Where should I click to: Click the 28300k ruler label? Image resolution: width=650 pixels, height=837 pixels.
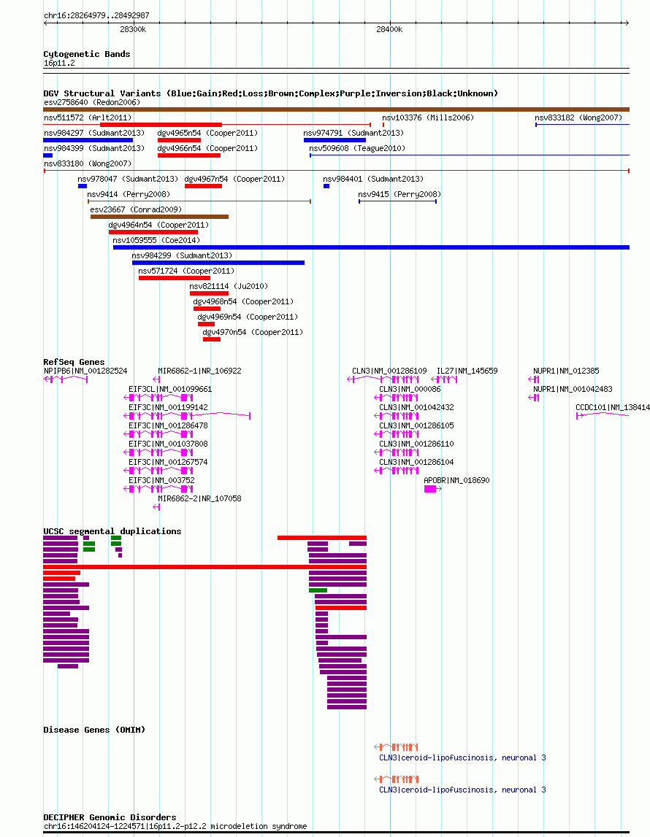(x=133, y=29)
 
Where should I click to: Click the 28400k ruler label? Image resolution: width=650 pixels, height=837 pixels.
(x=389, y=29)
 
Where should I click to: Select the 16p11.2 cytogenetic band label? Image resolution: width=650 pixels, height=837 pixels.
(x=59, y=63)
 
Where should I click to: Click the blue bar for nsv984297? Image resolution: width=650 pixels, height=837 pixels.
(x=88, y=140)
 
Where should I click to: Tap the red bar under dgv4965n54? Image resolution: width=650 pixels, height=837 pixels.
(x=179, y=140)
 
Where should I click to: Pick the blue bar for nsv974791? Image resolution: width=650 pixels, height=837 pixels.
(x=335, y=140)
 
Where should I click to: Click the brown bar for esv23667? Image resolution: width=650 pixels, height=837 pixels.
(x=160, y=217)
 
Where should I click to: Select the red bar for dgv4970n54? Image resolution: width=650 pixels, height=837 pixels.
(x=212, y=339)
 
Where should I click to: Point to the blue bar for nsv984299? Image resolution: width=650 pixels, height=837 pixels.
(x=218, y=263)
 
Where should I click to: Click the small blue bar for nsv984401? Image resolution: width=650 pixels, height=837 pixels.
(x=326, y=186)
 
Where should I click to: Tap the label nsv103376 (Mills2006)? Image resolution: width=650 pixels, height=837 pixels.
(x=428, y=117)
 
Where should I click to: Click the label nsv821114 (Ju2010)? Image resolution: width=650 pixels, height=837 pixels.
(x=229, y=286)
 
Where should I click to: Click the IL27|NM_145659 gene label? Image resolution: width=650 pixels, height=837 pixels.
(x=467, y=371)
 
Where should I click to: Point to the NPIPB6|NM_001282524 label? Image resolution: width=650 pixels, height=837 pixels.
(x=85, y=371)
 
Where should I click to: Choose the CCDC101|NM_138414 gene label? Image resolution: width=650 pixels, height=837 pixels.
(x=613, y=407)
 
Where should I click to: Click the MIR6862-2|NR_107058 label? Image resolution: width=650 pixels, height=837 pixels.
(x=199, y=498)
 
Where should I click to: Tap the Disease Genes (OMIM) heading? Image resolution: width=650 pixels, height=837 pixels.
(x=94, y=730)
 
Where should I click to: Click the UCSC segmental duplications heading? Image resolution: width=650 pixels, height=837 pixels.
(x=112, y=531)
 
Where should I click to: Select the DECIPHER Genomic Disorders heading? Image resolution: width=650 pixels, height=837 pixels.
(x=110, y=817)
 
